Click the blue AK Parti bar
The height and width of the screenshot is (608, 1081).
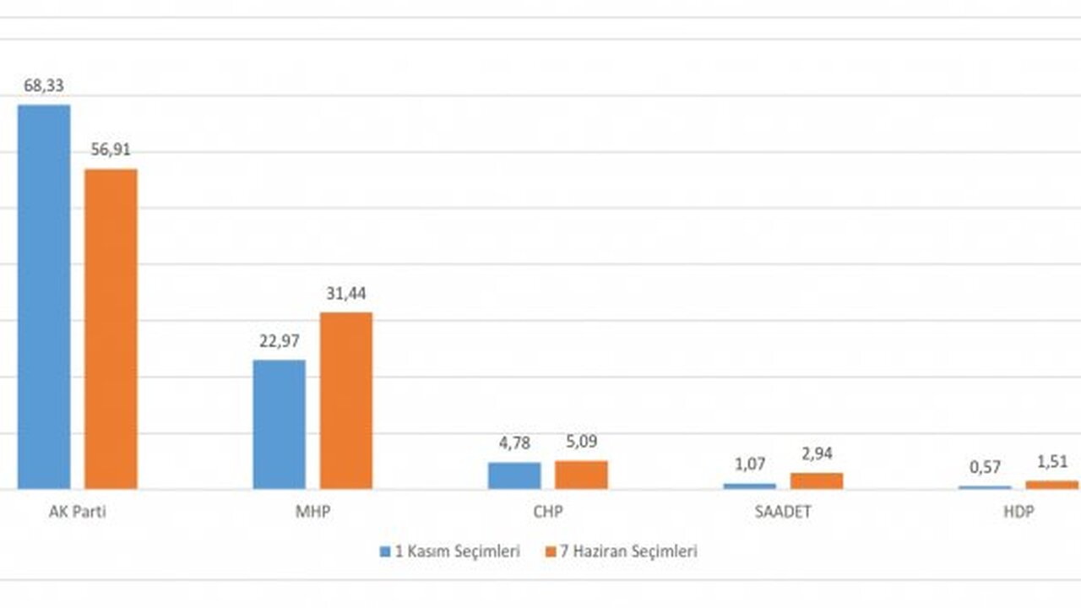pos(44,296)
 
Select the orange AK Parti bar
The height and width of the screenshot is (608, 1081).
pos(111,328)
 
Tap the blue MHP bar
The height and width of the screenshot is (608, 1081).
pos(280,424)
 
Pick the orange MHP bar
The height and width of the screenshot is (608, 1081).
pos(345,400)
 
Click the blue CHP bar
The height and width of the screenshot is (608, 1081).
pos(514,475)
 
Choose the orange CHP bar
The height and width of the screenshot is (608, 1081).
pos(581,475)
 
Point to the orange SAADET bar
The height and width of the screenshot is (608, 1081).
pos(817,480)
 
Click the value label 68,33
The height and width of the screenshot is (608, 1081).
pos(44,86)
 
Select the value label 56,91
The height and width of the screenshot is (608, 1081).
pos(111,150)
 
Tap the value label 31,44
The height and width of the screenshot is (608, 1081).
pos(345,294)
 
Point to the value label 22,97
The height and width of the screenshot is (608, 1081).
pos(280,341)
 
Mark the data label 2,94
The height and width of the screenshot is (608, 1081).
pos(817,454)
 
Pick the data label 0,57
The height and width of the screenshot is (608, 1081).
pos(985,468)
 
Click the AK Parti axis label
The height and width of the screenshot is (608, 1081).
pos(78,513)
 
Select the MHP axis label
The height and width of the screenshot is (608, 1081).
pos(312,513)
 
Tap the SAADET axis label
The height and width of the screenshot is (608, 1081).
pos(784,513)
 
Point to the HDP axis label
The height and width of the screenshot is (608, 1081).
pos(1019,513)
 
